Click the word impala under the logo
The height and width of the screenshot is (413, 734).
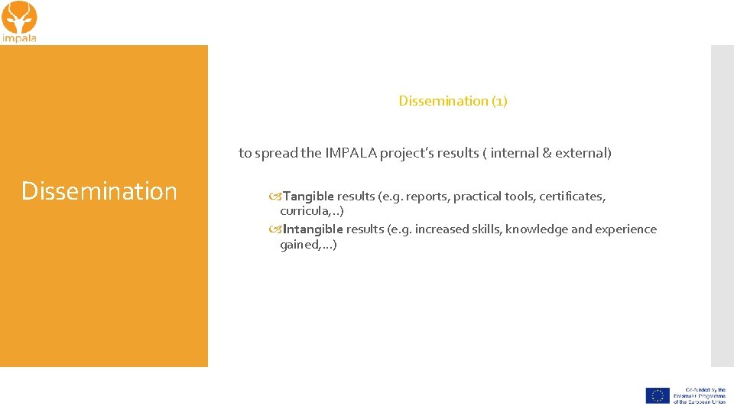tap(19, 37)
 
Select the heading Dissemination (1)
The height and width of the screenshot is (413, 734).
tap(453, 101)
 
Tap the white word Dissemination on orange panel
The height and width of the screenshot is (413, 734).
tap(99, 191)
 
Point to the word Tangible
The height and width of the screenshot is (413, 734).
tap(308, 197)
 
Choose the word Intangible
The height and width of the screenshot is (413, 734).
tap(313, 229)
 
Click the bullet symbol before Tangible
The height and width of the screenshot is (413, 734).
tap(275, 197)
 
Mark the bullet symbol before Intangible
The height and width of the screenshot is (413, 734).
tap(275, 229)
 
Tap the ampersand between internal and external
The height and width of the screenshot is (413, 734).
tap(546, 153)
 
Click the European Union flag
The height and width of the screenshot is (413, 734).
tap(658, 395)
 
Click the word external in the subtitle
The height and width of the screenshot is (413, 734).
tap(583, 153)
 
